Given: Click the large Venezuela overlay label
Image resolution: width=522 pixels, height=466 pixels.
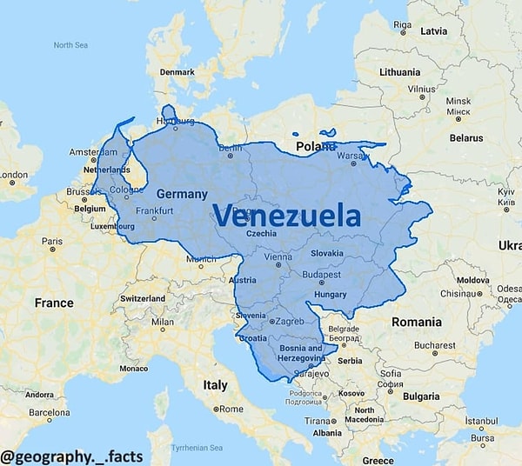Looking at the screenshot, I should [x=286, y=215].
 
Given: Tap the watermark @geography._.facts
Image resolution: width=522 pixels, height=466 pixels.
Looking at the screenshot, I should [x=72, y=455].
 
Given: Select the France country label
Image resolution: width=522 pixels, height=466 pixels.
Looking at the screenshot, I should [x=54, y=303].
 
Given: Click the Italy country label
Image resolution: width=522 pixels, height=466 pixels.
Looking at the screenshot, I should [x=215, y=384].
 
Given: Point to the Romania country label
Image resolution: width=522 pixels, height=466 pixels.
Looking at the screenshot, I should [x=416, y=322].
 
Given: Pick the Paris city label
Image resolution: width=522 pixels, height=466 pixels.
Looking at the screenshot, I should [x=52, y=242].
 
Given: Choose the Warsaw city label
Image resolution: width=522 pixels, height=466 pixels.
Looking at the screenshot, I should [x=352, y=156].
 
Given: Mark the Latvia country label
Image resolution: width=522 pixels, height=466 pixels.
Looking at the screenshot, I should [x=433, y=31].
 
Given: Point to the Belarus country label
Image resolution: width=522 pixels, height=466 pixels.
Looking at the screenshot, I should [x=466, y=137].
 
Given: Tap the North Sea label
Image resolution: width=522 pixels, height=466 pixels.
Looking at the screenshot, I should [x=71, y=45].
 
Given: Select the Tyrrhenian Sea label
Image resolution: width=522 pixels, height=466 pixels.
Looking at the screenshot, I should [x=197, y=448].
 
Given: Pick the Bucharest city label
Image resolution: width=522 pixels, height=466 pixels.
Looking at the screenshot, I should [x=435, y=345].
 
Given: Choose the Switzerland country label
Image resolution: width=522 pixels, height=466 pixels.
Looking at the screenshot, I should [x=143, y=298].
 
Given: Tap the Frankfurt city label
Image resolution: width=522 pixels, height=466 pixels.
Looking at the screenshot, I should [x=154, y=211].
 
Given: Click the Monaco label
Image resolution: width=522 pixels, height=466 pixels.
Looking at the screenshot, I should [x=133, y=368].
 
